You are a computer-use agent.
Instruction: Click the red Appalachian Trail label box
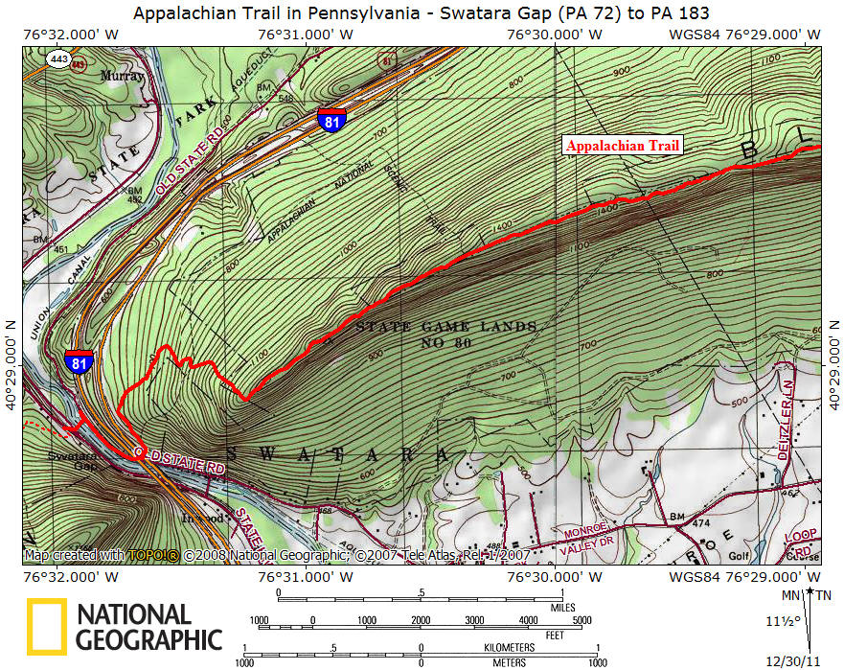pos(623,147)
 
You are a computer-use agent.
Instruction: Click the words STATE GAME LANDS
pos(446,327)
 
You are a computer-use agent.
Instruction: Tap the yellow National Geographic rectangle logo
pos(46,627)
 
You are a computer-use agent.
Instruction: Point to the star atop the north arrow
pos(810,593)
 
